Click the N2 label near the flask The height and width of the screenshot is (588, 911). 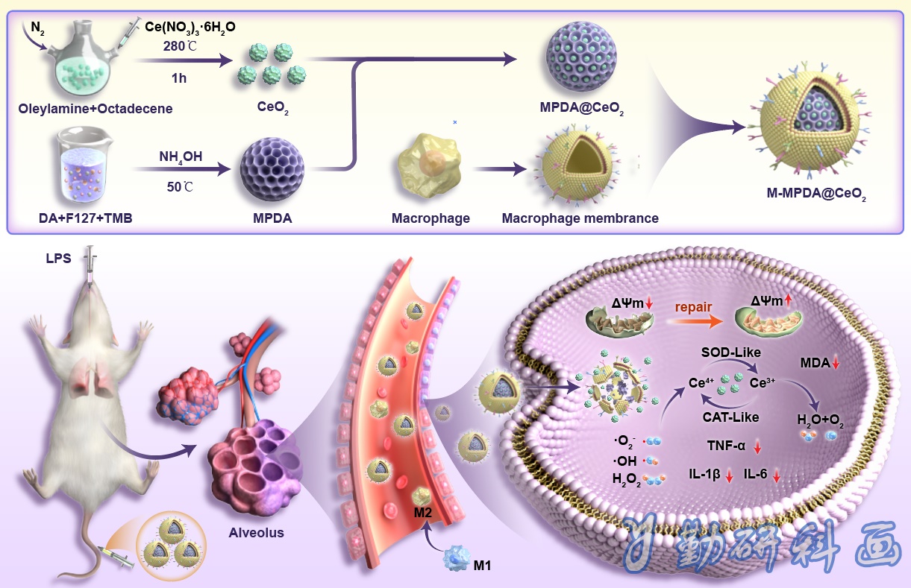(37, 28)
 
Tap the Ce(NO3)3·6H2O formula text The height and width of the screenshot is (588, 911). (190, 28)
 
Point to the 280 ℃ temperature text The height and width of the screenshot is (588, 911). (180, 46)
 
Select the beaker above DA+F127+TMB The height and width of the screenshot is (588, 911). (84, 165)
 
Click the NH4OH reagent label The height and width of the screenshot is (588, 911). (181, 157)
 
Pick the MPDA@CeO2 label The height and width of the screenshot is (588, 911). (581, 108)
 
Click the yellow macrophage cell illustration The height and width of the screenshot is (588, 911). (431, 165)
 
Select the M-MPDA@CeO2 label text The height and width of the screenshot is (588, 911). (816, 194)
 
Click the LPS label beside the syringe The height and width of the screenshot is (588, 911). (58, 259)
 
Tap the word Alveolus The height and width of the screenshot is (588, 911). (256, 533)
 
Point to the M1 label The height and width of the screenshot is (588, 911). (482, 565)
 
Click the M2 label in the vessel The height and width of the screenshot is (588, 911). (422, 513)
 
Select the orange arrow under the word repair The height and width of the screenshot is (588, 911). (695, 322)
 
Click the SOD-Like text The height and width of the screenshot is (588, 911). (731, 353)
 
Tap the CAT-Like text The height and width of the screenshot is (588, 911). (731, 417)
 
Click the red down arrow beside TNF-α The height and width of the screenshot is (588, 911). (757, 447)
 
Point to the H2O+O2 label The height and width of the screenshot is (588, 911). (820, 420)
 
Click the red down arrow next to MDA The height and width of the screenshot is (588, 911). (836, 363)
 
